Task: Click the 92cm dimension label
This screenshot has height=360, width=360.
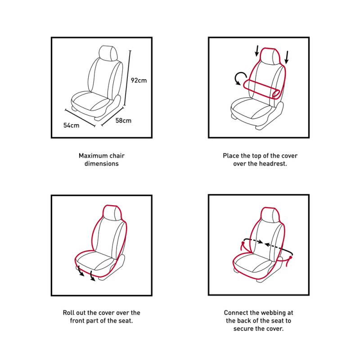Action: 139,81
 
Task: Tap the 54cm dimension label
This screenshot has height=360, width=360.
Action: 72,126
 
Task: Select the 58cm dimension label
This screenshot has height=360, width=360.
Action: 123,121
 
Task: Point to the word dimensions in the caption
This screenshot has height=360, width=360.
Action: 102,163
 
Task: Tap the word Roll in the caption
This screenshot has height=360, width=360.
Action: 67,313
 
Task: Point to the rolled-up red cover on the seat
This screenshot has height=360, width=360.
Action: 262,89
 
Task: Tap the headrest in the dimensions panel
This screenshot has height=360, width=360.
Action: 108,54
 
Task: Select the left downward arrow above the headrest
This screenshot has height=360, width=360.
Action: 257,51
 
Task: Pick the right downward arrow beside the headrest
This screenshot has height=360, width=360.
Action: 287,58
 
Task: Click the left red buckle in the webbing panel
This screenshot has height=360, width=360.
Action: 243,243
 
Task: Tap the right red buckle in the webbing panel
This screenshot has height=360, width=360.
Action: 290,257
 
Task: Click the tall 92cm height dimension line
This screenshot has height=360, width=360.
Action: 127,78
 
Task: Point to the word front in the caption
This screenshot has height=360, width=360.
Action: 77,320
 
